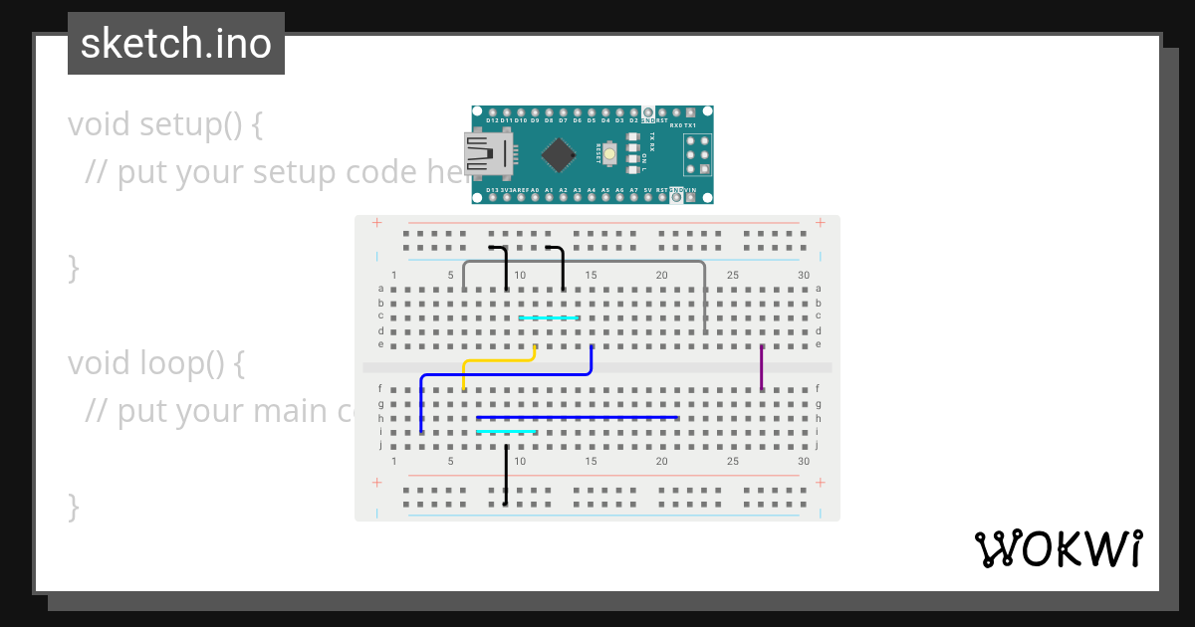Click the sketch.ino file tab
tap(176, 44)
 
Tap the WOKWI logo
tap(1058, 548)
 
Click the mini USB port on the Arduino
tap(485, 154)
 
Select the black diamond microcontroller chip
tap(559, 154)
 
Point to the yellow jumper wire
tap(498, 360)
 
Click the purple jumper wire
tap(762, 367)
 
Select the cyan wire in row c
tap(549, 318)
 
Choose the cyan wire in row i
tap(506, 432)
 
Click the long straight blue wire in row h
tap(578, 418)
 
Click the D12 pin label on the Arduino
tap(492, 120)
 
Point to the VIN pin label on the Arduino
tap(690, 189)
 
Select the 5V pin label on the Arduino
tap(647, 189)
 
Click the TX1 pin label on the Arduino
tap(690, 125)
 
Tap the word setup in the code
tap(178, 125)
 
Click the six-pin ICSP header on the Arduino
tap(697, 155)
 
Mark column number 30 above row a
tap(804, 276)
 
